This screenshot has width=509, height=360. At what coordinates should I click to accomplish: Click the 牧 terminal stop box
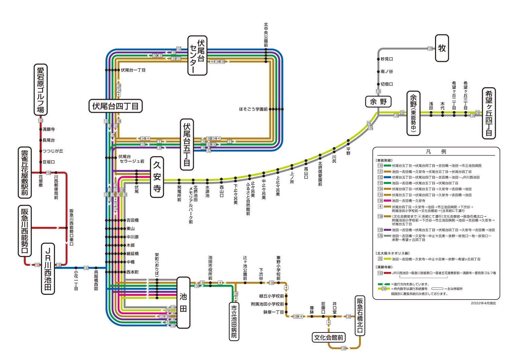click(442, 48)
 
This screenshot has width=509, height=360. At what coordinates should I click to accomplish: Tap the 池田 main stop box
click(183, 302)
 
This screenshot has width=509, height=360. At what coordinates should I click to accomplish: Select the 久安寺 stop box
click(157, 177)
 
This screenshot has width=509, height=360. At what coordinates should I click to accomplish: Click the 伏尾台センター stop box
click(197, 56)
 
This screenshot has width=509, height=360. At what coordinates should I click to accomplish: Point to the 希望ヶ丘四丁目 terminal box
click(489, 113)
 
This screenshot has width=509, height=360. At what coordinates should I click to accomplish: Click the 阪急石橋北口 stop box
click(360, 316)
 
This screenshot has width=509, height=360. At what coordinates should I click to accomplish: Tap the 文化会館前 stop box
click(328, 338)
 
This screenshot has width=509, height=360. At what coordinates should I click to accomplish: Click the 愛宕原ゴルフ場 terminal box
click(40, 90)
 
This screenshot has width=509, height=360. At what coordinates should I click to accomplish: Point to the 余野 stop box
click(378, 102)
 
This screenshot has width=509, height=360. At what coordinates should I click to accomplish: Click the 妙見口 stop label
click(387, 59)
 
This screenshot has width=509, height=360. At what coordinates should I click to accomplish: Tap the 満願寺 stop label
click(49, 129)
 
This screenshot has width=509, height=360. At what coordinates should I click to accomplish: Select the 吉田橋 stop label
click(132, 220)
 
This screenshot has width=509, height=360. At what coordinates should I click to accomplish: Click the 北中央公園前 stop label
click(266, 35)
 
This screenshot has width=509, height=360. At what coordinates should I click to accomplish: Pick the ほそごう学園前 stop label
click(253, 109)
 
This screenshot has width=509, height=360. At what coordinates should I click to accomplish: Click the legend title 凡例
click(436, 152)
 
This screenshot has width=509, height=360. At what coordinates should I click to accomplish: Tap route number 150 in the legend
click(380, 273)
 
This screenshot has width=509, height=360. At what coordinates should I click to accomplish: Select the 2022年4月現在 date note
click(483, 303)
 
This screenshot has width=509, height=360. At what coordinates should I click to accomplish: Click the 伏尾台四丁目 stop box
click(115, 106)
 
